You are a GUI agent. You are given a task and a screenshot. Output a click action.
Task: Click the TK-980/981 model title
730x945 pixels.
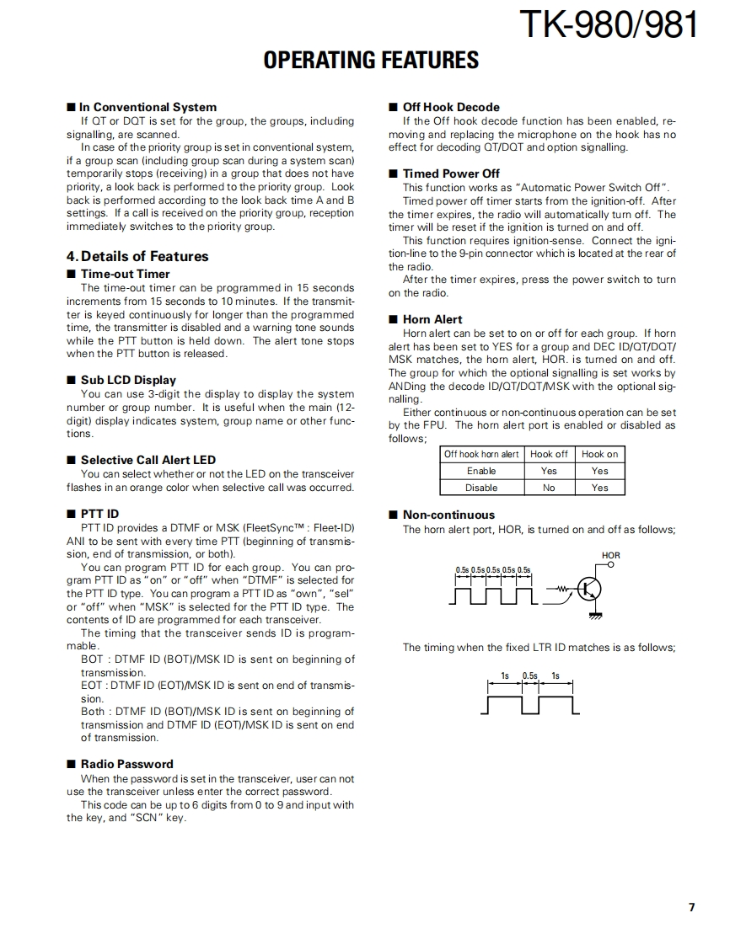608,25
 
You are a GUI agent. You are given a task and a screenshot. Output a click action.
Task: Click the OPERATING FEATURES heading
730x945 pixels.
371,61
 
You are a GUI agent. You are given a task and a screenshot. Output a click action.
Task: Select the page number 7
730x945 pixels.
691,907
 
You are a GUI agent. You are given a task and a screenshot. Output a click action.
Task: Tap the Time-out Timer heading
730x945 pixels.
125,274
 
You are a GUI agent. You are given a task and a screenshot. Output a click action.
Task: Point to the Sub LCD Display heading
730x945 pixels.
128,380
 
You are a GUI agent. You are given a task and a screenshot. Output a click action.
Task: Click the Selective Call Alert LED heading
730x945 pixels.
148,460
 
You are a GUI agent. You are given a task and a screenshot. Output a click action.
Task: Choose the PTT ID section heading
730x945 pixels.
99,514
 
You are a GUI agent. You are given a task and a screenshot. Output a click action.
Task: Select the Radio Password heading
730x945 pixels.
126,764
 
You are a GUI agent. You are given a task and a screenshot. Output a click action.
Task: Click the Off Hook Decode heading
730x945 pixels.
450,107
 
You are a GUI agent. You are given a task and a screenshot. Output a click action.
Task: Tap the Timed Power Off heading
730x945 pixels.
451,174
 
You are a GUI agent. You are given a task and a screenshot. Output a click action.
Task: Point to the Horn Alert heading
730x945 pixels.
432,319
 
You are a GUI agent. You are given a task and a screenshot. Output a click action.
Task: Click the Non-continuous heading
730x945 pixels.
448,515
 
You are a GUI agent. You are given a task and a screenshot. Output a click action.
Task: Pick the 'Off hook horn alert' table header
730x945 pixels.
481,454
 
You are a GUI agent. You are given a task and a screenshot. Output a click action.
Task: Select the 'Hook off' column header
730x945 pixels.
549,454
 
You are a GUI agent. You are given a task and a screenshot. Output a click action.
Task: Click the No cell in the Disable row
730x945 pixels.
549,488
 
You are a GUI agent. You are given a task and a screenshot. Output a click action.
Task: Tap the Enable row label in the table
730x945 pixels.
481,471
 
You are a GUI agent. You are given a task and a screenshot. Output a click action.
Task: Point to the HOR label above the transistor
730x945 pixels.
611,556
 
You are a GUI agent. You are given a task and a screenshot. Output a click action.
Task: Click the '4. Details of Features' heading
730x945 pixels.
137,256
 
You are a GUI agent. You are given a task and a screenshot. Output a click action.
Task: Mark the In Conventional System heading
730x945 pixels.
147,107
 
